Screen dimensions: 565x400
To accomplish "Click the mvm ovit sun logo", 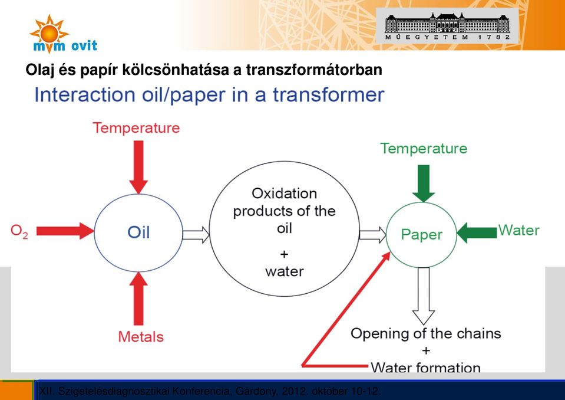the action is [x=64, y=34].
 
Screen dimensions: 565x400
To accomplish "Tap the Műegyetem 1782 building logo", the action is [x=447, y=25].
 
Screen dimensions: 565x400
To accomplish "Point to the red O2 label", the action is [x=19, y=231].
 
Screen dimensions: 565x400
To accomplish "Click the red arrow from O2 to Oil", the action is [x=65, y=231].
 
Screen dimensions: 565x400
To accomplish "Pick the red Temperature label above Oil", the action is [x=136, y=128].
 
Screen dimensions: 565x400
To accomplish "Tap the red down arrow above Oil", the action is [x=138, y=167].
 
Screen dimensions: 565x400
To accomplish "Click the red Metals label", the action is [x=141, y=336].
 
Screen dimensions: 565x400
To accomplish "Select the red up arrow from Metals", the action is [x=138, y=299].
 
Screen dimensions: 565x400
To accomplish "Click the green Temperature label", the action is [x=424, y=148].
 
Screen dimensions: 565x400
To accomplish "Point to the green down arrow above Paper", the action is [x=424, y=183].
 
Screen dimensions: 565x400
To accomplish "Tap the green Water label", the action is [x=519, y=230].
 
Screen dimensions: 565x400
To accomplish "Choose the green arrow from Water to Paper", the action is [x=477, y=232].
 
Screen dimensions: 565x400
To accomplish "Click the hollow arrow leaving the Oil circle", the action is [x=196, y=235].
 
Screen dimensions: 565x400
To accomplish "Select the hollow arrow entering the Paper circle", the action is [x=372, y=235].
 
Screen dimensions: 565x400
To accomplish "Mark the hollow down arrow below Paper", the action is [x=424, y=296].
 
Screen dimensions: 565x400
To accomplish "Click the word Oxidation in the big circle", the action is [x=285, y=194].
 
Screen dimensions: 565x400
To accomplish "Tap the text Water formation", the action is [x=425, y=368].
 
